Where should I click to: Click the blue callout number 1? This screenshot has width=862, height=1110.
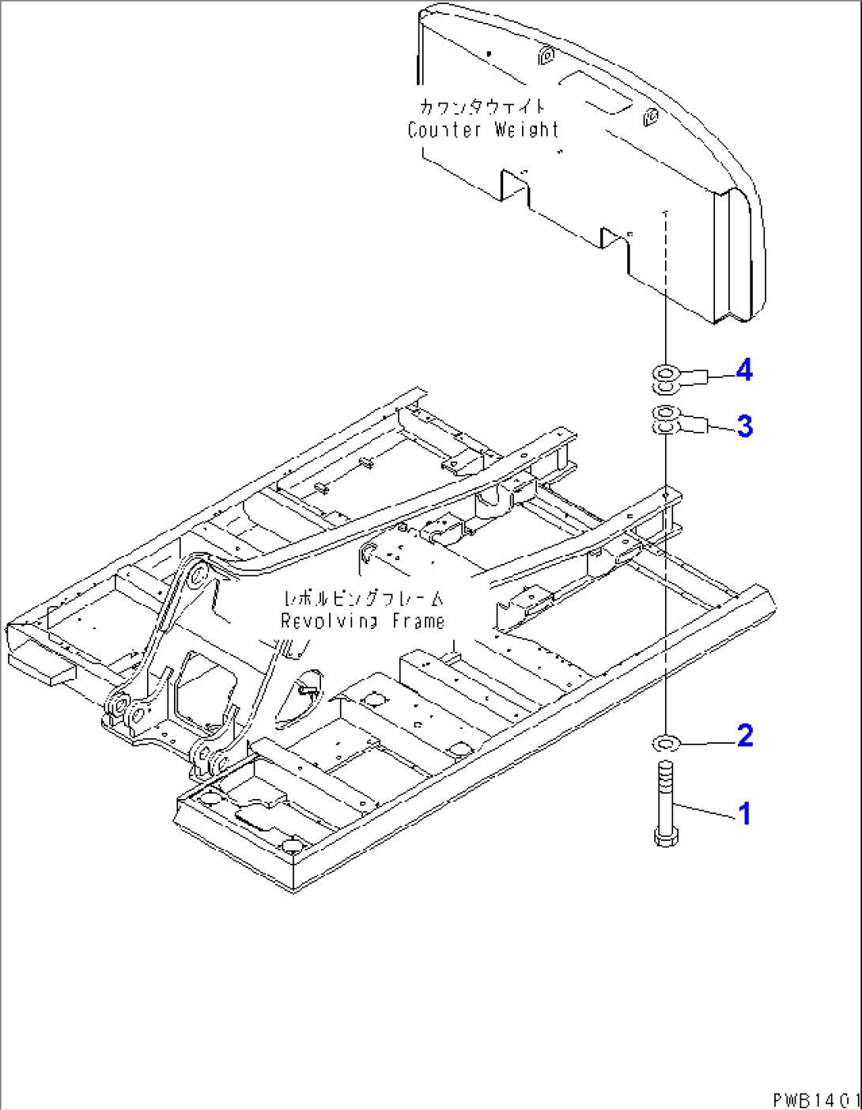(x=744, y=813)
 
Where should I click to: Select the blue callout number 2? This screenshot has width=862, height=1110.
(x=744, y=736)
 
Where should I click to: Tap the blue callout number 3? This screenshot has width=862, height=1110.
(x=744, y=426)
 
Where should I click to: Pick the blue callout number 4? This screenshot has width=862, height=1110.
(x=744, y=370)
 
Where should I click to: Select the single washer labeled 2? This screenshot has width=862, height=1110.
(x=665, y=743)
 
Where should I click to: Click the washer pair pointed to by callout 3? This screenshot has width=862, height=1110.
(x=665, y=419)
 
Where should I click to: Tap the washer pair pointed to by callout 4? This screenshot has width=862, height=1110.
(x=665, y=378)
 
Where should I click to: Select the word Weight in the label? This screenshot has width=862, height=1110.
(x=527, y=130)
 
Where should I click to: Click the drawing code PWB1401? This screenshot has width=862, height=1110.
(x=815, y=1100)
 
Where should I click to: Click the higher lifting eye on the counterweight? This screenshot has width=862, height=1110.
(x=544, y=55)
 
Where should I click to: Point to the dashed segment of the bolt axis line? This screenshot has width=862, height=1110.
(x=665, y=253)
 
